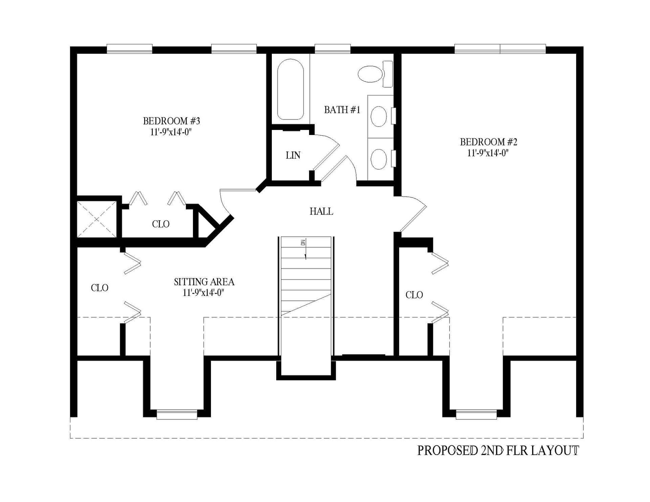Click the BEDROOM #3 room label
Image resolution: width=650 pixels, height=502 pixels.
pyautogui.click(x=171, y=121)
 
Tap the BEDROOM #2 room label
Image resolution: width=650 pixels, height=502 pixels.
pyautogui.click(x=488, y=142)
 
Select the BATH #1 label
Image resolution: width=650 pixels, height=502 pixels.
pyautogui.click(x=342, y=110)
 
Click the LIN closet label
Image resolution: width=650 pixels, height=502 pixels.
pyautogui.click(x=293, y=155)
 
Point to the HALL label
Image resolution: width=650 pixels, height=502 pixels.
pyautogui.click(x=321, y=211)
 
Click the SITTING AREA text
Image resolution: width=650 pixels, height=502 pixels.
pyautogui.click(x=204, y=282)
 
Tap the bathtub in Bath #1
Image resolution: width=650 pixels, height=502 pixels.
pyautogui.click(x=290, y=89)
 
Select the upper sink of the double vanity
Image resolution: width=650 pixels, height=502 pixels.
pyautogui.click(x=378, y=116)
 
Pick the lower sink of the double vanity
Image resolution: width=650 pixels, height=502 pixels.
pyautogui.click(x=378, y=159)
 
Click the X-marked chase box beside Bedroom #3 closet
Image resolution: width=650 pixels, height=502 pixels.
pyautogui.click(x=97, y=219)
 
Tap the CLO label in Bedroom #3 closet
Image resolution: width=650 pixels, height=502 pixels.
pyautogui.click(x=160, y=224)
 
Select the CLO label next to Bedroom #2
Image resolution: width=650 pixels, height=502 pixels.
pyautogui.click(x=414, y=295)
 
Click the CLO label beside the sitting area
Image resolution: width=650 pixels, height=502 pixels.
pyautogui.click(x=100, y=288)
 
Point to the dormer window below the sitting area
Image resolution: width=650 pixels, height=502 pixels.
pyautogui.click(x=177, y=414)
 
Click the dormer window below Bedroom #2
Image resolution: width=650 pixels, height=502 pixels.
pyautogui.click(x=476, y=414)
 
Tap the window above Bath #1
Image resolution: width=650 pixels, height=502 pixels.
pyautogui.click(x=332, y=49)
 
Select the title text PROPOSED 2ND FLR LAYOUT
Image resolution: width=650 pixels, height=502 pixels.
pyautogui.click(x=498, y=451)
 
